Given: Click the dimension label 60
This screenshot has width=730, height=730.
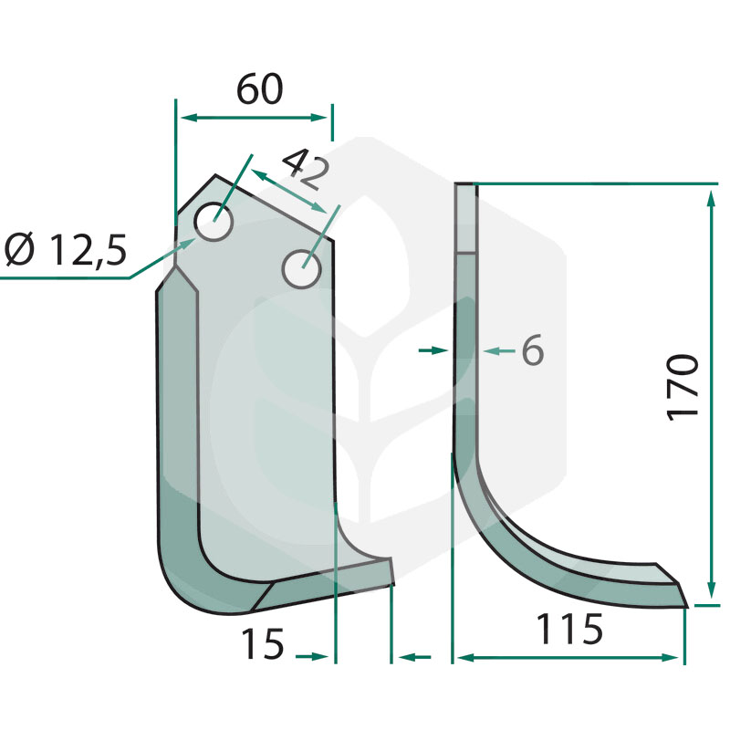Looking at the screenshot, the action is pyautogui.click(x=259, y=89).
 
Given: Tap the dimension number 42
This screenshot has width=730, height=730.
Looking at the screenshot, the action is pyautogui.click(x=306, y=170).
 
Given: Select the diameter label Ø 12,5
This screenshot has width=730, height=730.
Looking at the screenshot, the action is pyautogui.click(x=66, y=250).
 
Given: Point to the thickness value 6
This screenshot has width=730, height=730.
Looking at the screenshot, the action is pyautogui.click(x=533, y=350).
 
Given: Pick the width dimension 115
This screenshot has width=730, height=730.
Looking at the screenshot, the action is pyautogui.click(x=569, y=630).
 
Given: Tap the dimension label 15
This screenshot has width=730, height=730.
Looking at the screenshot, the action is pyautogui.click(x=262, y=644).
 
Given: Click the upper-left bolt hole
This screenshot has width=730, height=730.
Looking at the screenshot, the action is pyautogui.click(x=214, y=222).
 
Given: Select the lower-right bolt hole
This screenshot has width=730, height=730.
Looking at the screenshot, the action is pyautogui.click(x=302, y=268).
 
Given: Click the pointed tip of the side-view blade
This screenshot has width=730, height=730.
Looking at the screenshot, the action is pyautogui.click(x=687, y=606).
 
